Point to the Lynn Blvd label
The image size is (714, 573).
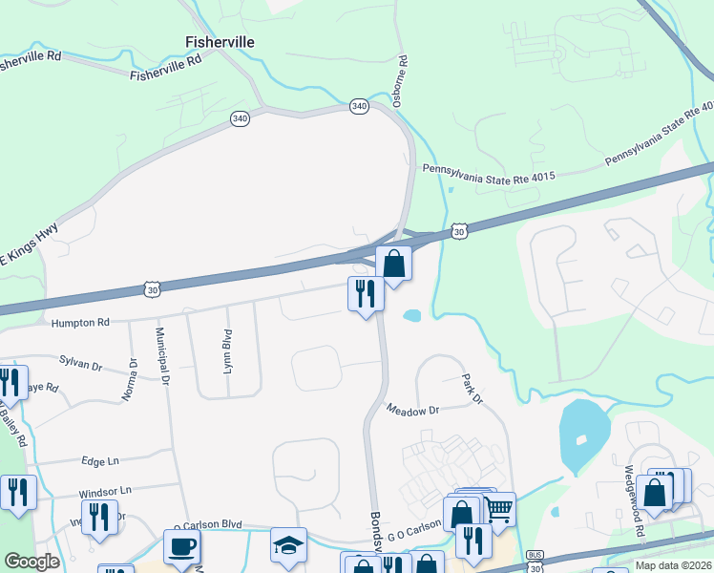pos(228,350)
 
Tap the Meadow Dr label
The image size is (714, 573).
pos(412,410)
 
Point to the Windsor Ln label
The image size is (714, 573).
pos(105,491)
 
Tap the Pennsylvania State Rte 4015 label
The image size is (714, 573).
pos(488,170)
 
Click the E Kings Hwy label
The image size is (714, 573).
pos(29,244)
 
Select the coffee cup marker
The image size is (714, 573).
pos(181,547)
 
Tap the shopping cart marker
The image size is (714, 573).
pos(498,510)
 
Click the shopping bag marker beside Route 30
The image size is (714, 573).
pos(393,262)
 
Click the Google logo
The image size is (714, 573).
pos(31,562)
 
